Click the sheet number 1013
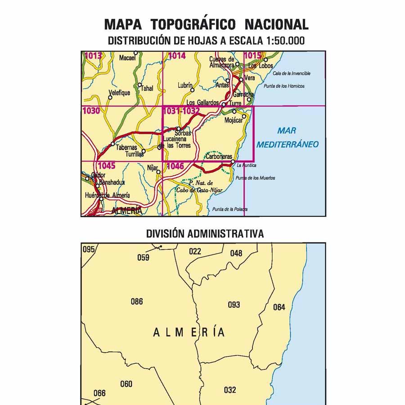coord(93,56)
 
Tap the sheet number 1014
coord(176,56)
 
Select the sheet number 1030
coord(91,111)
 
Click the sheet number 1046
coord(175,166)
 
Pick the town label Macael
coord(127,58)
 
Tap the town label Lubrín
coord(185,85)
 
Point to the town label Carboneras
coord(219,157)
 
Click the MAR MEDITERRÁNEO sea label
coord(286,137)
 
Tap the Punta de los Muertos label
coord(255,178)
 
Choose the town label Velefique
coord(119,93)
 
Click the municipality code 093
coord(234,305)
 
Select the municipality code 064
coord(279,307)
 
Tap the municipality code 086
coord(137,301)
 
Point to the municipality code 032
coord(229,390)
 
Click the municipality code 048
coord(236,253)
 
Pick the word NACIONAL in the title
coord(277,24)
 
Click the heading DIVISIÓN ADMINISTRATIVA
coord(205,234)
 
